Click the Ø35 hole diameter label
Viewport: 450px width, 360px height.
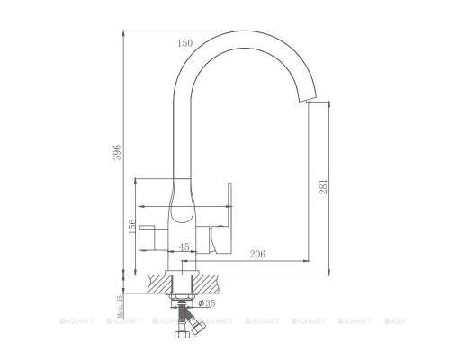206,303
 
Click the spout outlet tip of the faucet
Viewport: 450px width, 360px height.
310,102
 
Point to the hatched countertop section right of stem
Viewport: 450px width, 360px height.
210,283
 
